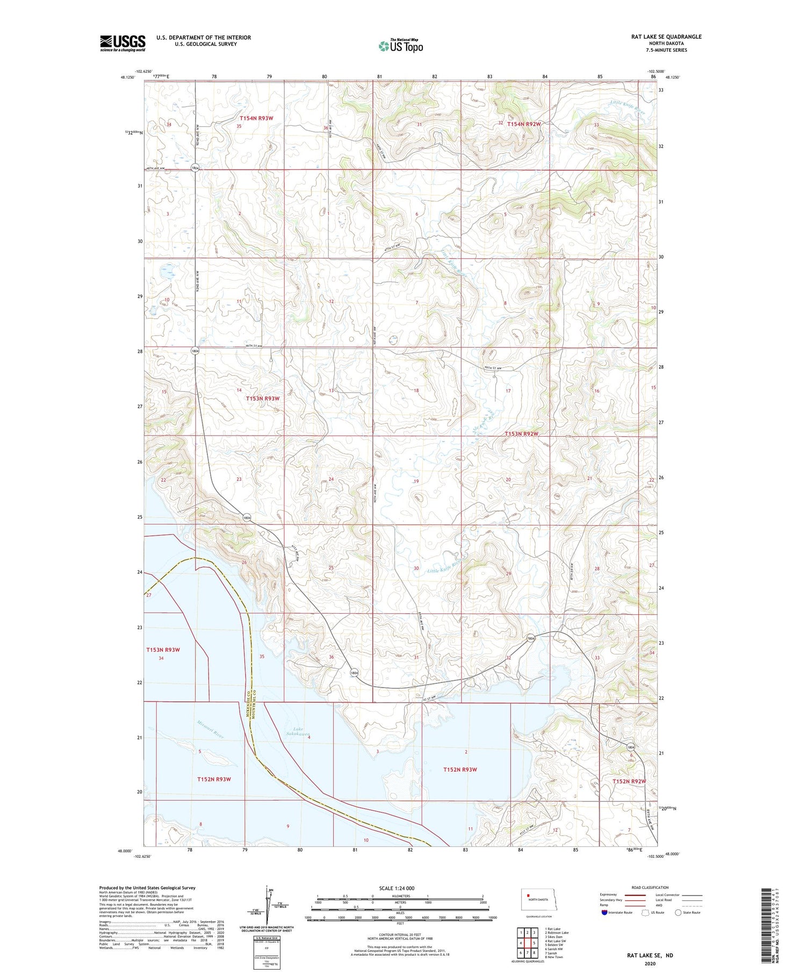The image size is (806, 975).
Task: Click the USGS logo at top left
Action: pyautogui.click(x=123, y=43)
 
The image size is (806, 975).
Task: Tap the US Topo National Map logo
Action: pyautogui.click(x=401, y=46)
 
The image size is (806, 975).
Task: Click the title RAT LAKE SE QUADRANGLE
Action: pyautogui.click(x=666, y=37)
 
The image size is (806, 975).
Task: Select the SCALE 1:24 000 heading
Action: pyautogui.click(x=397, y=888)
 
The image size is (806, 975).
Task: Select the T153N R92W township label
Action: pyautogui.click(x=521, y=433)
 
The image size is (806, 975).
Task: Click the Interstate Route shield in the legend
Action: pyautogui.click(x=604, y=913)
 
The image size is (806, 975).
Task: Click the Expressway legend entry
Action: pyautogui.click(x=611, y=895)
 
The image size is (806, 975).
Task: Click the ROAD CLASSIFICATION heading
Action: pyautogui.click(x=650, y=887)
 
